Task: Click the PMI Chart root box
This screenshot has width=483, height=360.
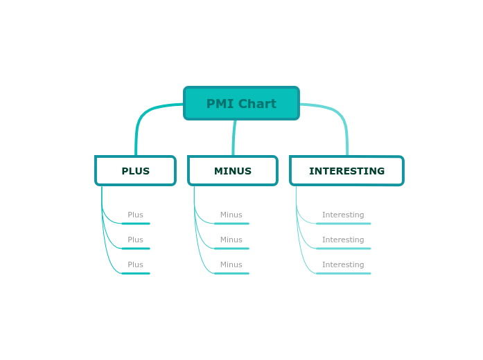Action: point(241,103)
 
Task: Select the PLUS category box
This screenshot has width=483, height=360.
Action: point(135,171)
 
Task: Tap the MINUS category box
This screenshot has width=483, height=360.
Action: point(233,171)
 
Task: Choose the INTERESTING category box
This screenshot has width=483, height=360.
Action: point(346,171)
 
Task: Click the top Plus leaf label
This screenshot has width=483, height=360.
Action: point(135,215)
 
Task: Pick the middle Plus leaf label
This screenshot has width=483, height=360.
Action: point(135,240)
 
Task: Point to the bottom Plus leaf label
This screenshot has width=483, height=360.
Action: point(135,265)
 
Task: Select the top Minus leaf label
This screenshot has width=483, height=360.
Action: point(231,215)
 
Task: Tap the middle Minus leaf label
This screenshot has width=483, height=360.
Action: point(231,240)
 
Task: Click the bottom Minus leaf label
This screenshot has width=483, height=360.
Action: point(231,265)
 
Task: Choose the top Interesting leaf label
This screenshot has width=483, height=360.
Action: point(343,215)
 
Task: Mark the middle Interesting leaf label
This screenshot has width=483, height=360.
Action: point(343,240)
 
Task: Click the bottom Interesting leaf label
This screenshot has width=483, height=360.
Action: point(343,265)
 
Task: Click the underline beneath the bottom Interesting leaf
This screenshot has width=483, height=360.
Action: point(343,273)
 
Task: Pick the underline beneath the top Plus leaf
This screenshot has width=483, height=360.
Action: point(136,224)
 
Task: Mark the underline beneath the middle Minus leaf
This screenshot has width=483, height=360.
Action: point(231,249)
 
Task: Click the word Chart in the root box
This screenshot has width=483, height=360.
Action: point(257,104)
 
